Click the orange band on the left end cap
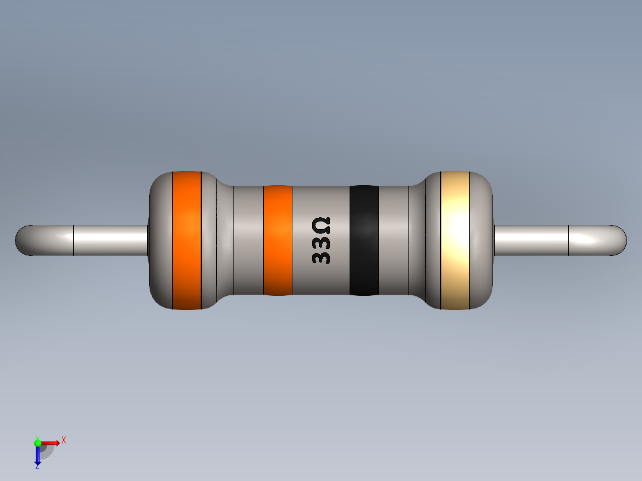tap(186, 240)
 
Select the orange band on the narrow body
tap(278, 240)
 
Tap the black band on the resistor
tap(364, 240)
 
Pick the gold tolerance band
tap(455, 240)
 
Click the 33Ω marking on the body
tap(321, 241)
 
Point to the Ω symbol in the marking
tap(321, 226)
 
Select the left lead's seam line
tap(73, 240)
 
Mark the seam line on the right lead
tap(569, 240)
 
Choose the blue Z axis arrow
tap(38, 455)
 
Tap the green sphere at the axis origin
tap(38, 442)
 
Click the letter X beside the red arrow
tap(63, 440)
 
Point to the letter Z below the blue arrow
tap(38, 467)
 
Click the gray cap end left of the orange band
tap(160, 240)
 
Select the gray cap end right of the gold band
tap(482, 240)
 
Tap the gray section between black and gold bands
tap(393, 240)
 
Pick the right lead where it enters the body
tap(500, 240)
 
